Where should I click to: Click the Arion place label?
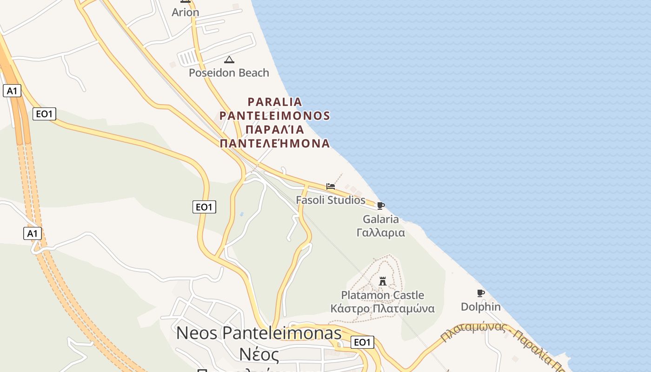point(185,13)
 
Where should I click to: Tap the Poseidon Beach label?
point(229,73)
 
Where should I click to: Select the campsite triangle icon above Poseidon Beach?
point(229,60)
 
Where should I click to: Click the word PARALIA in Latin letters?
point(275,101)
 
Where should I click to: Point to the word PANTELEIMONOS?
point(275,115)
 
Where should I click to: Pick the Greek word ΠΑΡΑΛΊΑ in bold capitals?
point(275,129)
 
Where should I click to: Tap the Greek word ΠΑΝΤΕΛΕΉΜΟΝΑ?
point(275,143)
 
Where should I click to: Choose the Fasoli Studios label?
point(331,200)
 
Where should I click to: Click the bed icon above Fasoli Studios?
point(331,186)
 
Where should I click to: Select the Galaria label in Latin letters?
point(381,219)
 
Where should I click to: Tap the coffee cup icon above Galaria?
point(381,206)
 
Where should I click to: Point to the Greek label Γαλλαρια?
point(381,232)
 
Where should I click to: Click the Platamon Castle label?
point(382,295)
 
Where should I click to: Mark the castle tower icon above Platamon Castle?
point(383,281)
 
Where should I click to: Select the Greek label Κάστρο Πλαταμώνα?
point(382,308)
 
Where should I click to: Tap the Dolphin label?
point(481,307)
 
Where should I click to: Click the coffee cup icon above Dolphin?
point(481,293)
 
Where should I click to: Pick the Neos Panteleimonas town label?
point(259,333)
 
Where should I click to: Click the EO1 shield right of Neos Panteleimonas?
point(362,343)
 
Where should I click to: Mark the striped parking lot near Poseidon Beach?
point(188,58)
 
